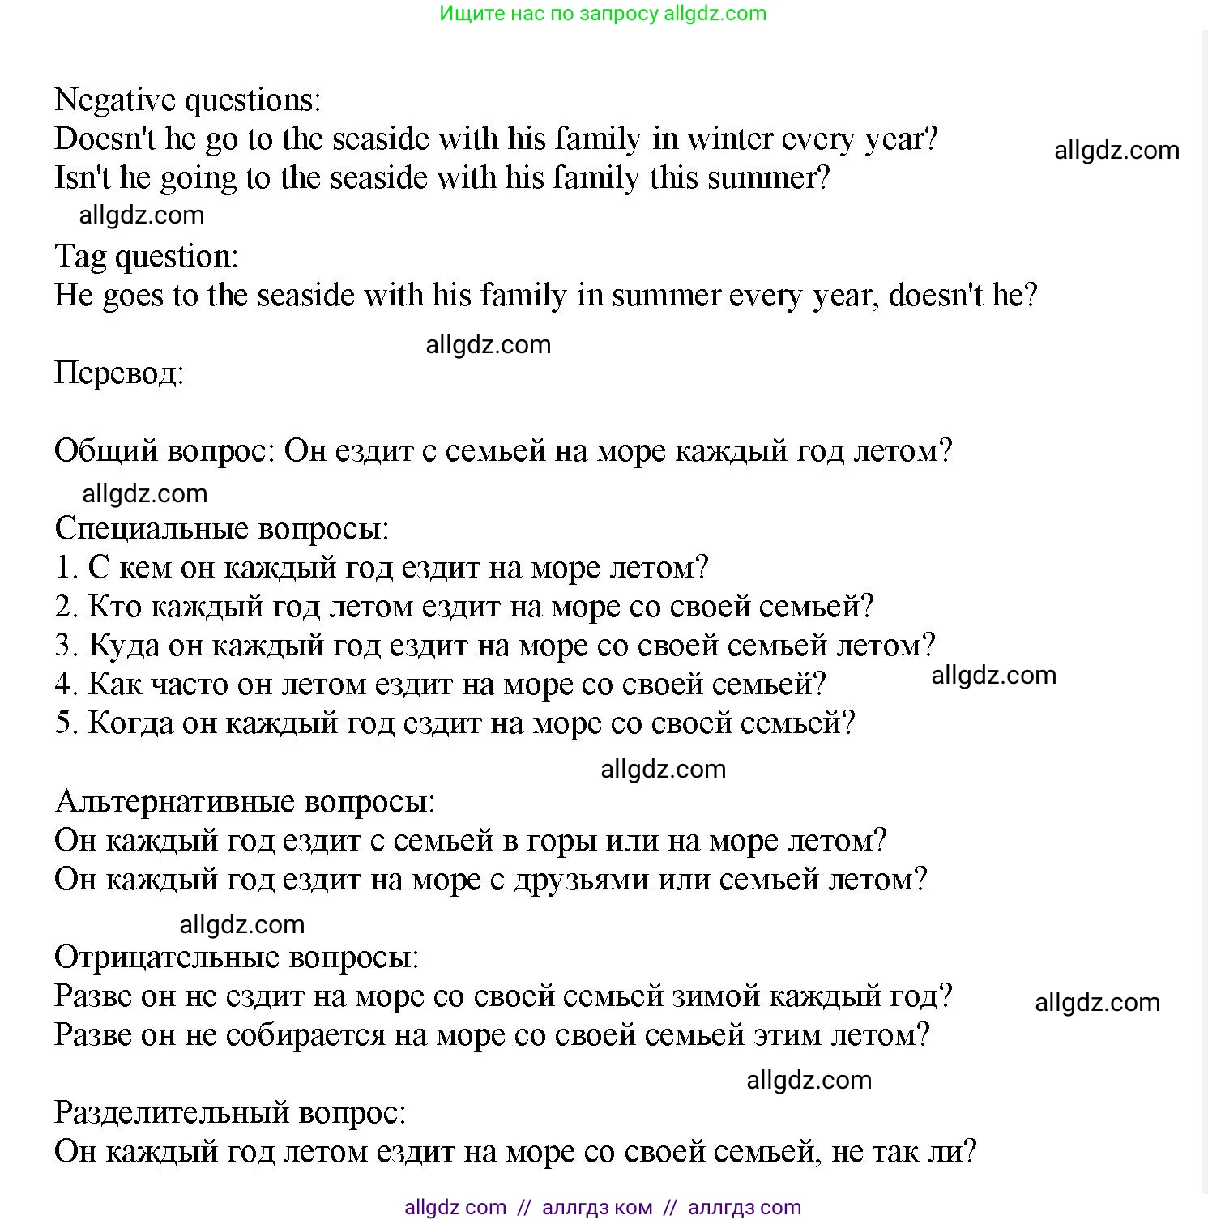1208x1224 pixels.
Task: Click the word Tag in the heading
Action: (x=80, y=258)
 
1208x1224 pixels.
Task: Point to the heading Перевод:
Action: (x=119, y=373)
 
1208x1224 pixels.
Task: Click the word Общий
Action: (x=105, y=451)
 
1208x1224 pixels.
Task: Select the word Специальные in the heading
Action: (x=152, y=529)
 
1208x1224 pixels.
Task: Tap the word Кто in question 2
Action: (x=114, y=607)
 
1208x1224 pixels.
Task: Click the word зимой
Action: (x=716, y=996)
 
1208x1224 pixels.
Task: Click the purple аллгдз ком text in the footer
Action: (x=596, y=1208)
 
